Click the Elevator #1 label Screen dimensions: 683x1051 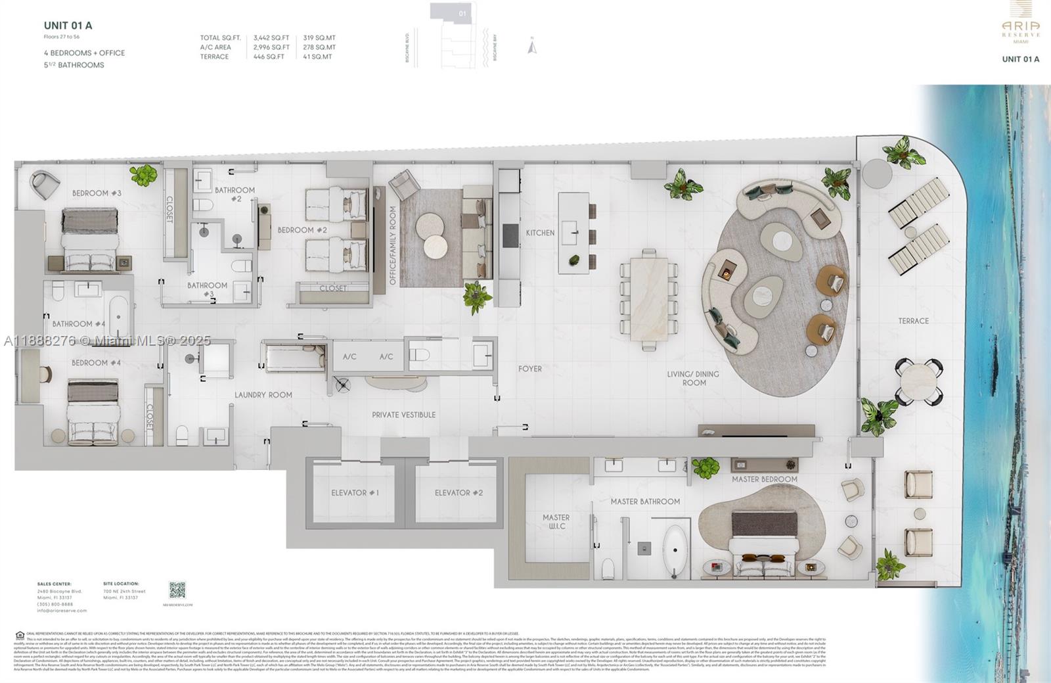(355, 492)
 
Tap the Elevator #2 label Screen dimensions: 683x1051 (458, 492)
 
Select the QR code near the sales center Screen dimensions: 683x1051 (177, 590)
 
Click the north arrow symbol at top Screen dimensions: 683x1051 (532, 47)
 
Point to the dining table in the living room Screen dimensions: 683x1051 (649, 299)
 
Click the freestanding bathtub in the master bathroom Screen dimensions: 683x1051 (675, 551)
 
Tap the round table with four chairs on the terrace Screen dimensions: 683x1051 (918, 381)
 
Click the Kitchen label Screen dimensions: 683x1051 (540, 233)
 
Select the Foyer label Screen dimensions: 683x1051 (530, 369)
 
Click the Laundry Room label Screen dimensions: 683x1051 (263, 395)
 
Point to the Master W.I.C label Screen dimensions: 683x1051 (556, 521)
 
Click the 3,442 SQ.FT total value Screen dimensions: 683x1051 (271, 38)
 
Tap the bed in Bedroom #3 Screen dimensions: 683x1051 (90, 240)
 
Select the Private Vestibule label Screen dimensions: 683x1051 (403, 415)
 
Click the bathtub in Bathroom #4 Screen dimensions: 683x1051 (119, 316)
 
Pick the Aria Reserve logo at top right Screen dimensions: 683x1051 (1020, 23)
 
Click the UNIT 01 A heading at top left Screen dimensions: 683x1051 (68, 26)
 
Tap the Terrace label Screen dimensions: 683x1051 (913, 321)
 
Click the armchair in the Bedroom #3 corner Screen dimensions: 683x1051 (45, 185)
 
